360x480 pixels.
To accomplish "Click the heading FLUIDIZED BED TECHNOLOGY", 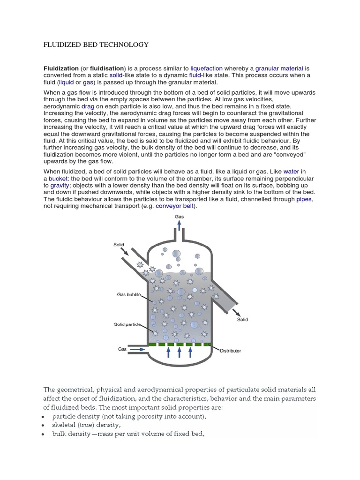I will click(x=96, y=45).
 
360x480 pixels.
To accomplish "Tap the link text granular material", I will click(x=279, y=68).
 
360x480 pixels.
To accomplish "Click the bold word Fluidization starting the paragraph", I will click(x=61, y=68).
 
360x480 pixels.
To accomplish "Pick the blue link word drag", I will click(x=88, y=107).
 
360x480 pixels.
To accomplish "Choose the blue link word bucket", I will click(x=57, y=179).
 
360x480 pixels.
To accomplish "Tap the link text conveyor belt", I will click(x=174, y=205).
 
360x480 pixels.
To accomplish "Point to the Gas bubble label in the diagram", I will click(x=128, y=295).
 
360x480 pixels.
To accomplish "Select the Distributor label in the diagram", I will click(x=230, y=351).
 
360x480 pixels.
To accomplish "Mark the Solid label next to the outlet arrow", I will click(x=242, y=320).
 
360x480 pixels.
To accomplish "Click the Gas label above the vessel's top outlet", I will click(x=179, y=217).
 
